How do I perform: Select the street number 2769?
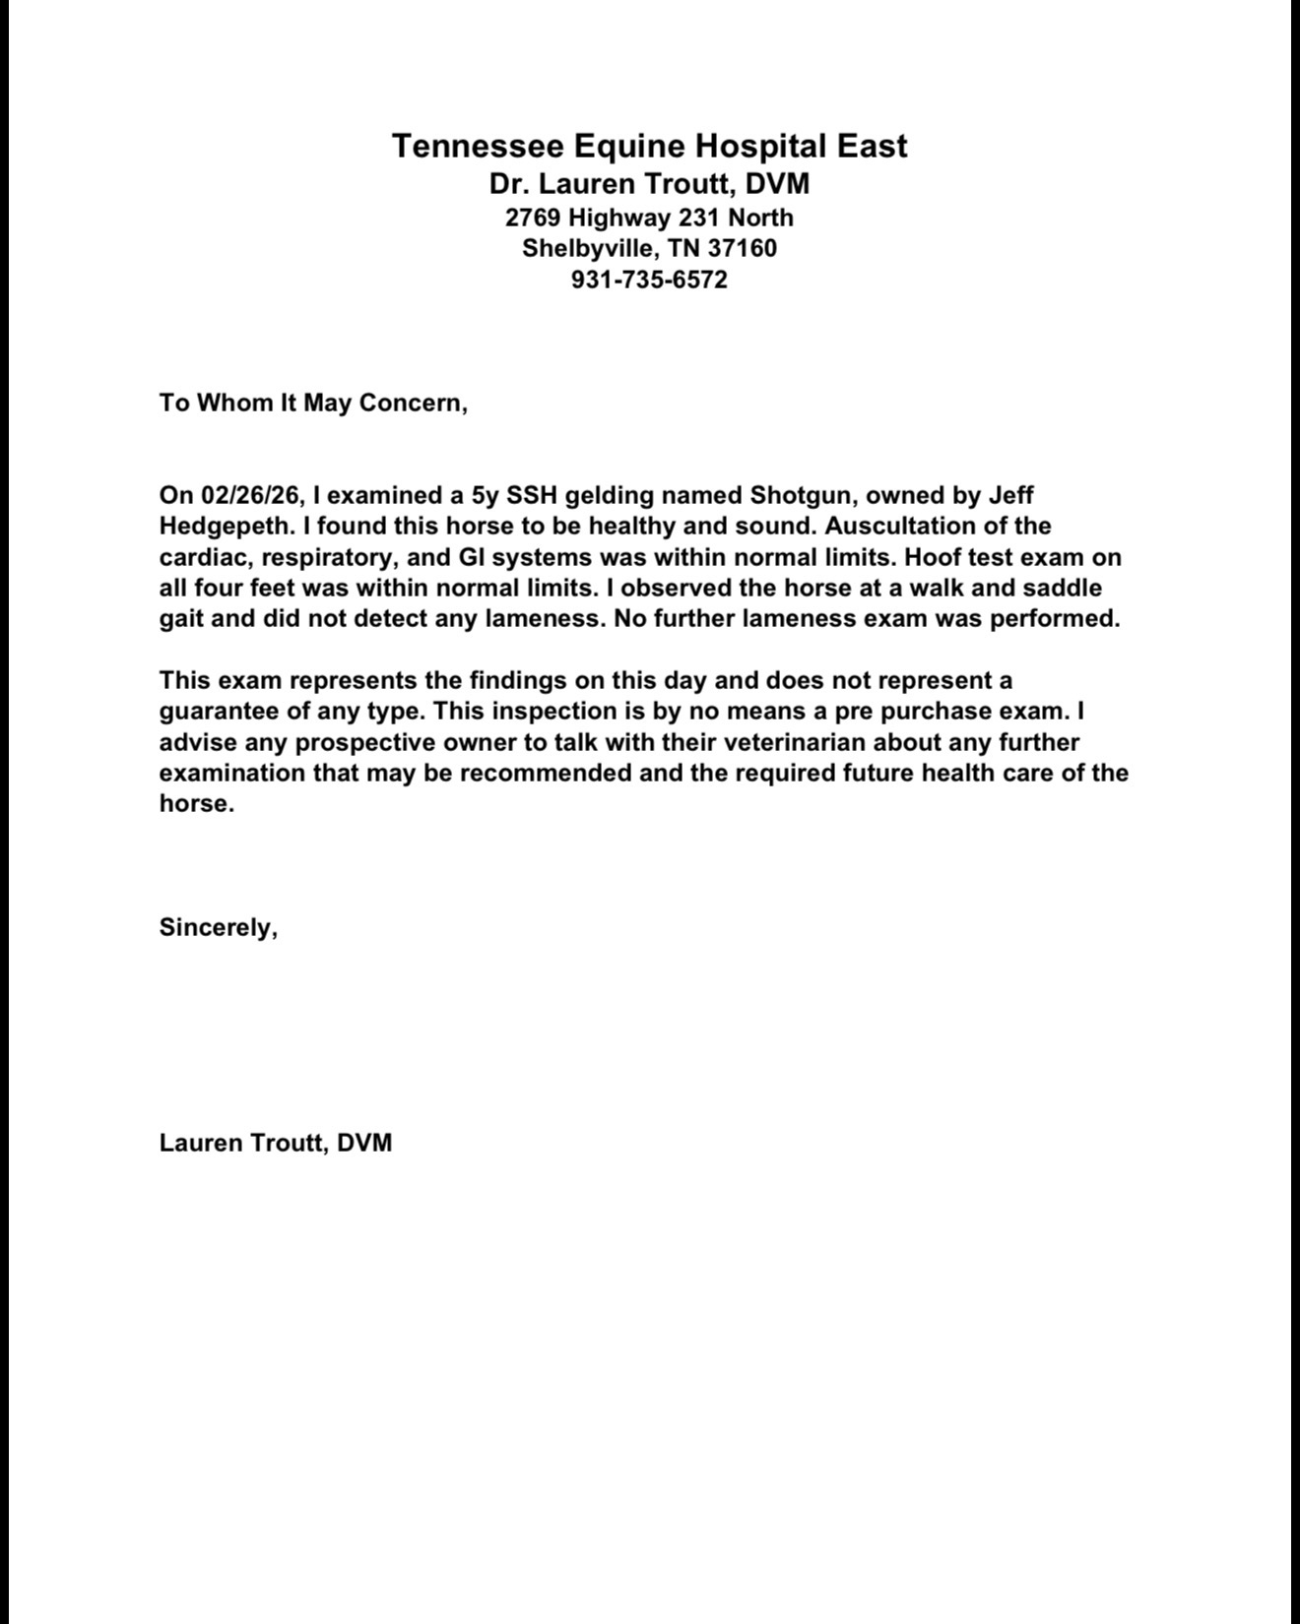(533, 218)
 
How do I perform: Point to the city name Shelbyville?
(587, 248)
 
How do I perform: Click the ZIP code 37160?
(742, 248)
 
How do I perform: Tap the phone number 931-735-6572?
(649, 280)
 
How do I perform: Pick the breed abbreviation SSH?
(532, 495)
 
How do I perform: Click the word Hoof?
(933, 557)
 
